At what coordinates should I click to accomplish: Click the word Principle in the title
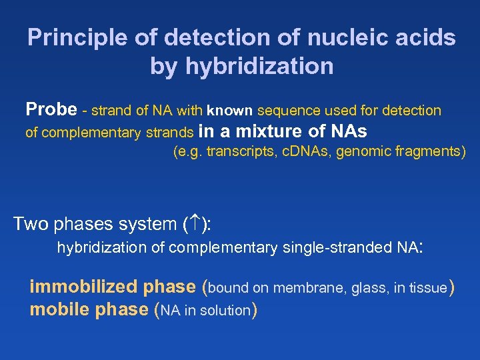click(73, 38)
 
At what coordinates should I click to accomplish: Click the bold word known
click(229, 111)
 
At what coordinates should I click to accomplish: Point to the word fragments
click(430, 152)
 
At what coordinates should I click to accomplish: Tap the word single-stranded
click(337, 249)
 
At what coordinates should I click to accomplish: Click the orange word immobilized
click(79, 287)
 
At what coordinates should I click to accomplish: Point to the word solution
click(225, 311)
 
